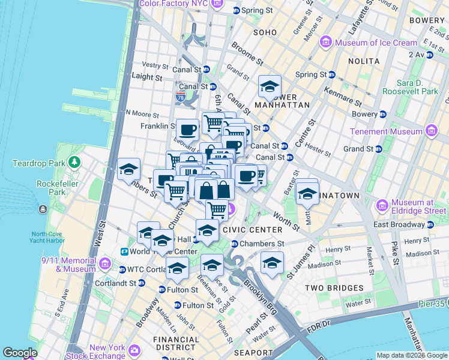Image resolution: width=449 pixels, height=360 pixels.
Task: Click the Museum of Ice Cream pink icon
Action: click(x=327, y=42)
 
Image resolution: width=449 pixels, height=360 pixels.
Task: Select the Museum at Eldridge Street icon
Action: click(x=382, y=206)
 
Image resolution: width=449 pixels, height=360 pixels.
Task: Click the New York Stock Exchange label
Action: click(x=107, y=352)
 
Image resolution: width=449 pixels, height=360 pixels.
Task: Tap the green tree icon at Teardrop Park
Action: click(x=74, y=162)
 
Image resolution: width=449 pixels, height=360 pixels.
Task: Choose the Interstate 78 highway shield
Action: click(x=181, y=96)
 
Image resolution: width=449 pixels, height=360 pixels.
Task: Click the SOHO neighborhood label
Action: click(x=265, y=32)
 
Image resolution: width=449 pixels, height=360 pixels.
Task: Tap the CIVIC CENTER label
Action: click(x=252, y=230)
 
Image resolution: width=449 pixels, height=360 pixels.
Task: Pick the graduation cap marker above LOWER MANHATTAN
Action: click(x=270, y=86)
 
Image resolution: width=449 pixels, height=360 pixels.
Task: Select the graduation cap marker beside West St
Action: click(x=128, y=170)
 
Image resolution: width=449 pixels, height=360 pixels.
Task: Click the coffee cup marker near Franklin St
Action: click(x=187, y=130)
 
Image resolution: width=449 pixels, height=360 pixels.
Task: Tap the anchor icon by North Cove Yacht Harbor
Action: click(x=43, y=209)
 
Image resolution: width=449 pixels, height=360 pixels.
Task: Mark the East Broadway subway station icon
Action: click(x=430, y=224)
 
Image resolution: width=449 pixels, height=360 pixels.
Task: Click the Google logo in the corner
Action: click(x=20, y=353)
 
